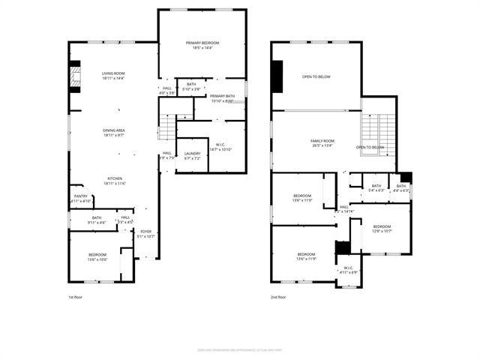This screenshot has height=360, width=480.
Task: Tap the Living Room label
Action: click(x=113, y=75)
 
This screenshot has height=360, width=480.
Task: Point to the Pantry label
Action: click(x=81, y=199)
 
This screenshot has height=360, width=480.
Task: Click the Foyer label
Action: click(x=146, y=234)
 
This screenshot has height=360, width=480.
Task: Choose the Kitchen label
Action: click(x=114, y=181)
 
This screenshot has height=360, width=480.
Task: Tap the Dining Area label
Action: click(x=114, y=133)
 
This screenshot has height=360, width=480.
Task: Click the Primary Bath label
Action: click(x=223, y=98)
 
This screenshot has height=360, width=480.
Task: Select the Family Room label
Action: click(x=322, y=143)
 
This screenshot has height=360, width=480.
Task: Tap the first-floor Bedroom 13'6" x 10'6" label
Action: click(x=97, y=256)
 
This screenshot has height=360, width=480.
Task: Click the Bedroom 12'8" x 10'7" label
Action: click(x=382, y=228)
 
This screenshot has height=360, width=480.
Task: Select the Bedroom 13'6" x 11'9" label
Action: click(x=307, y=256)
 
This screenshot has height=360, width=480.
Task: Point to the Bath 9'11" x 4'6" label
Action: click(x=97, y=220)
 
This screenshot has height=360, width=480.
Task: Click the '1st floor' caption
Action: click(x=76, y=298)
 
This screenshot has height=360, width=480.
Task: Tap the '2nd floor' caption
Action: click(x=279, y=298)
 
